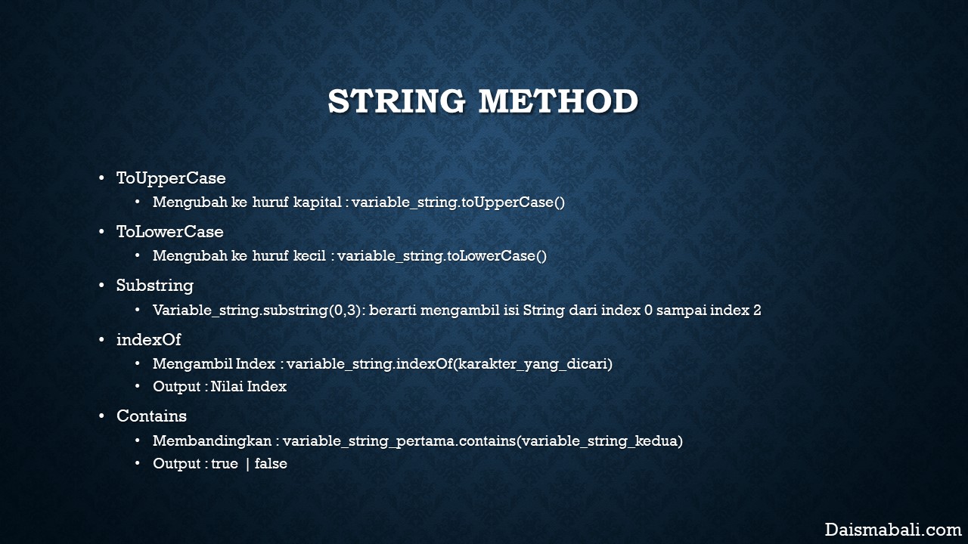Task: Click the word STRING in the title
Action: pyautogui.click(x=396, y=101)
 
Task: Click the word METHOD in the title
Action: pyautogui.click(x=559, y=101)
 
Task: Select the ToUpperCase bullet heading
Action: pyautogui.click(x=171, y=178)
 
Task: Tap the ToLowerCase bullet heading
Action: pyautogui.click(x=170, y=232)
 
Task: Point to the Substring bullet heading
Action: pyautogui.click(x=155, y=286)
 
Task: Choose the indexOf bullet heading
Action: pyautogui.click(x=149, y=339)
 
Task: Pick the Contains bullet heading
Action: pyautogui.click(x=152, y=416)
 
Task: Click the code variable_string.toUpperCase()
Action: pyautogui.click(x=458, y=202)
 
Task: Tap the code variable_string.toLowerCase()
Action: pyautogui.click(x=442, y=256)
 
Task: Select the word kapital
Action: pyautogui.click(x=318, y=202)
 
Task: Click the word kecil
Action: pyautogui.click(x=309, y=255)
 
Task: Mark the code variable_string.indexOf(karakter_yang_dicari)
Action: pyautogui.click(x=449, y=364)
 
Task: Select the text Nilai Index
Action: pyautogui.click(x=249, y=386)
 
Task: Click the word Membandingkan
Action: pyautogui.click(x=213, y=440)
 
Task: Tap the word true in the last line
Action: pyautogui.click(x=225, y=463)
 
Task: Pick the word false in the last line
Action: pyautogui.click(x=271, y=463)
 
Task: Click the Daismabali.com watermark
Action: pyautogui.click(x=893, y=530)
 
